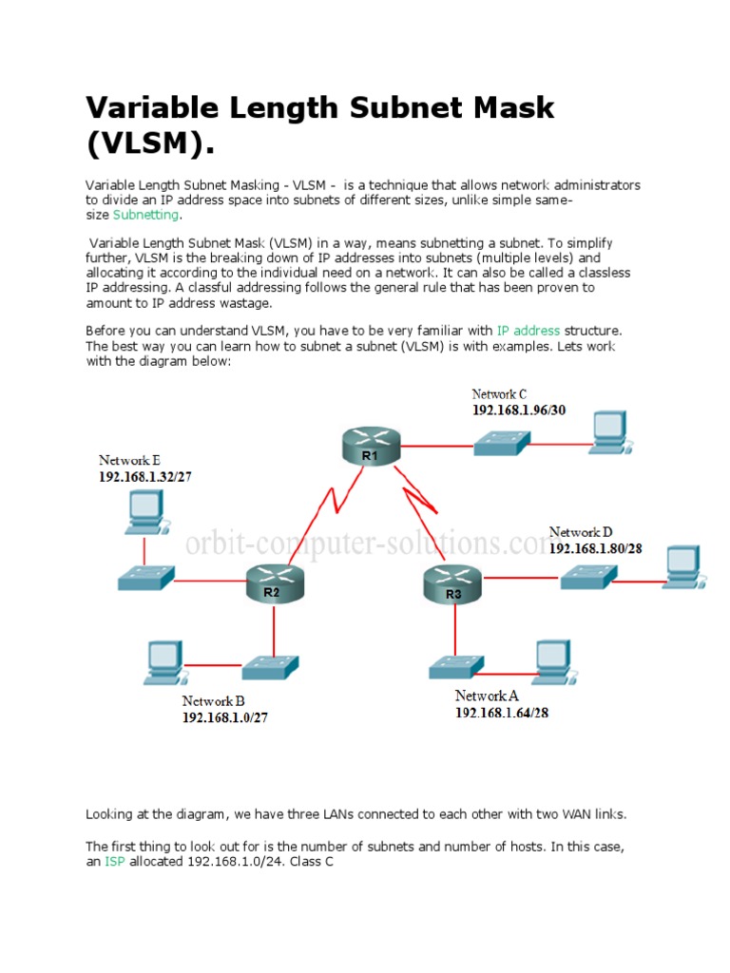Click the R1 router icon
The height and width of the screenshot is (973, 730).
point(370,444)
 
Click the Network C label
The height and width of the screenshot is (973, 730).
point(499,394)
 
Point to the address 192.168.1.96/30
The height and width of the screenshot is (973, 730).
point(519,410)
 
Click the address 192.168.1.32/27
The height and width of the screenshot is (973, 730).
point(145,477)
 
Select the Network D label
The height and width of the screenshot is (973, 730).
point(581,532)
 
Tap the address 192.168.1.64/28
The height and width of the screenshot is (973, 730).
point(501,713)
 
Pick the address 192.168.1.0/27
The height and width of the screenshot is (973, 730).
point(225,717)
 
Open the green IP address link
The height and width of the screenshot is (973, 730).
point(528,331)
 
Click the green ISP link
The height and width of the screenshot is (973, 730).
point(114,862)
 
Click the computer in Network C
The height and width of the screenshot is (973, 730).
point(607,429)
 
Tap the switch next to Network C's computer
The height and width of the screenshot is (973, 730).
point(502,440)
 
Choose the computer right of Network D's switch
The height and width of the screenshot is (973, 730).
point(682,567)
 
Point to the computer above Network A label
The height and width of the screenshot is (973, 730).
point(551,660)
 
